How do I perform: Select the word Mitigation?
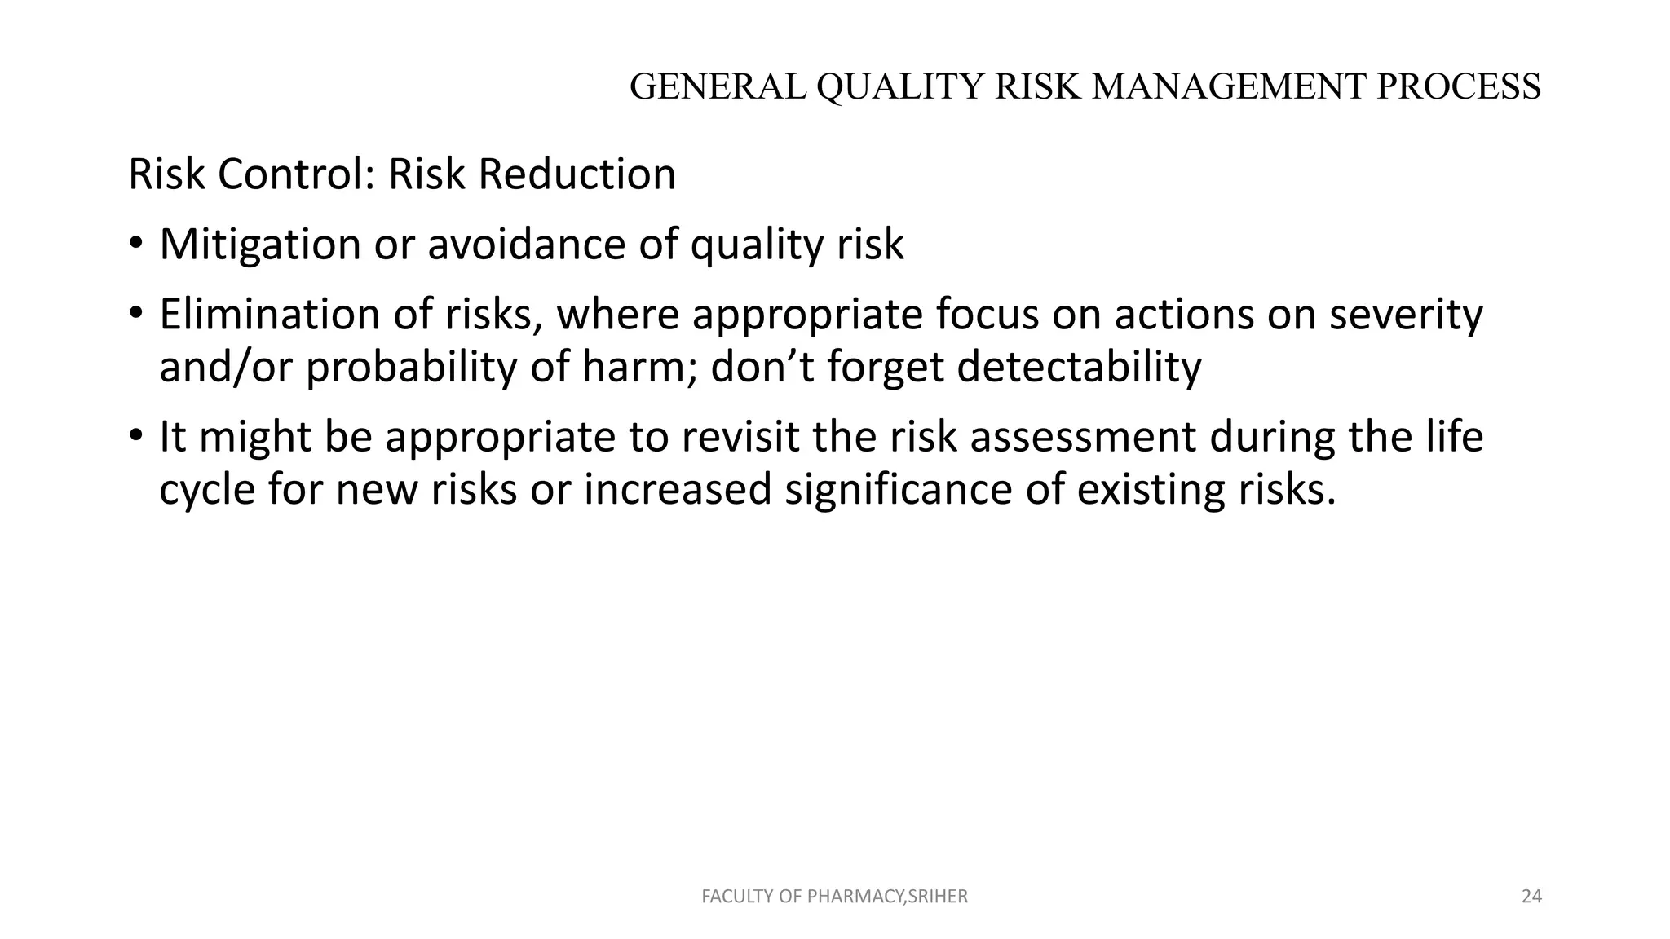tap(260, 245)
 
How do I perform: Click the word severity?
tap(1406, 315)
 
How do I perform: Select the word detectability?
tap(1079, 368)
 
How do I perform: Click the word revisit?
tap(740, 437)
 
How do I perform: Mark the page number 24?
tap(1531, 897)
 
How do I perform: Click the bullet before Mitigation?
tap(135, 245)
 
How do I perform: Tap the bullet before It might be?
tap(135, 437)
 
